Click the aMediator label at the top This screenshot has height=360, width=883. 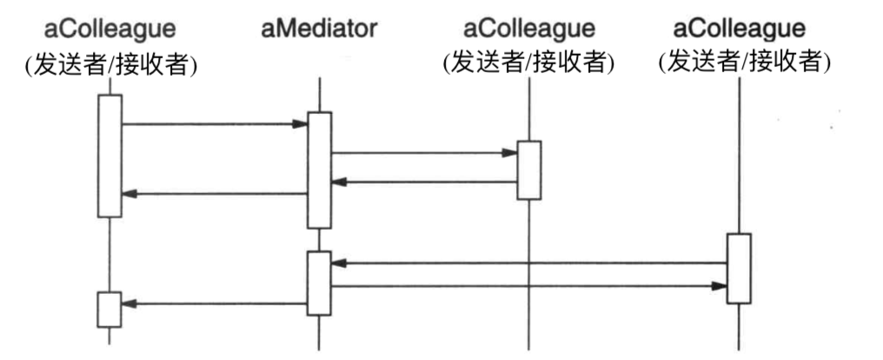pyautogui.click(x=319, y=29)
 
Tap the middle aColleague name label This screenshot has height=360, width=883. pyautogui.click(x=529, y=29)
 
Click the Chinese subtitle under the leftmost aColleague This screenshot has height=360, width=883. pyautogui.click(x=110, y=63)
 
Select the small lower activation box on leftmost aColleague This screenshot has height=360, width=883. pyautogui.click(x=110, y=310)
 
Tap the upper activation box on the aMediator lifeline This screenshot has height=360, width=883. pyautogui.click(x=320, y=170)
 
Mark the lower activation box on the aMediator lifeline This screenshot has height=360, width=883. pyautogui.click(x=320, y=283)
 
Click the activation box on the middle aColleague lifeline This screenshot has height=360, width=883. pyautogui.click(x=529, y=170)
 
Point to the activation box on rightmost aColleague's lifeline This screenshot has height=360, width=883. pyautogui.click(x=739, y=269)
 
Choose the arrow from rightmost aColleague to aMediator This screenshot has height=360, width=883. pyautogui.click(x=529, y=263)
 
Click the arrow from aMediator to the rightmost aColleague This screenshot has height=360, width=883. pyautogui.click(x=529, y=285)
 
